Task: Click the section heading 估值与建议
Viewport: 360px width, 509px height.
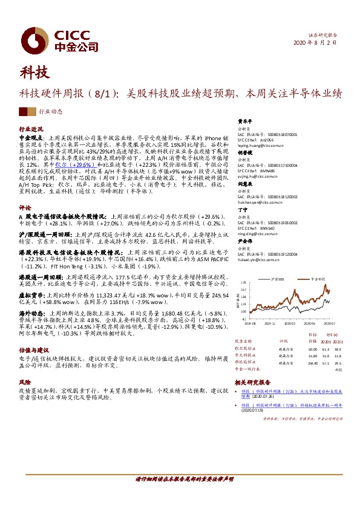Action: click(x=34, y=349)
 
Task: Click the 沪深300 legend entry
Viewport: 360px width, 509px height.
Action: click(x=279, y=279)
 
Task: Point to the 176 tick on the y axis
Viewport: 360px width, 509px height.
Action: click(x=243, y=282)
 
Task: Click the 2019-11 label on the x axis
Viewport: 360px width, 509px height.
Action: click(x=269, y=323)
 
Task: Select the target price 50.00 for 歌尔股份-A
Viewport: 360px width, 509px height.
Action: click(x=312, y=349)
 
